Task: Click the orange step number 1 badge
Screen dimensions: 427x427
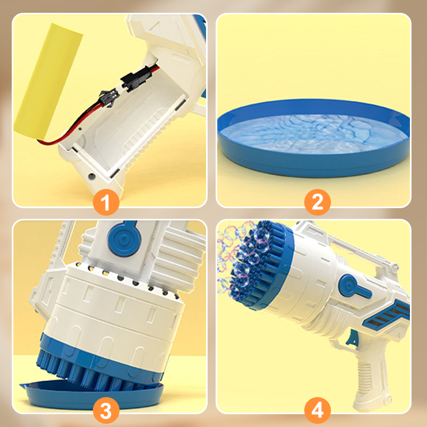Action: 106,202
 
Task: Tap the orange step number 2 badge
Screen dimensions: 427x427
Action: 318,202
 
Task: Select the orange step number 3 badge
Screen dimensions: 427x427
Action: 106,410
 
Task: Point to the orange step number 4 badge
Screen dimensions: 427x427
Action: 318,410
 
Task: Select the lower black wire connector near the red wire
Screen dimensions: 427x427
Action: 109,98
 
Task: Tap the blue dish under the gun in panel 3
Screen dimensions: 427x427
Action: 92,395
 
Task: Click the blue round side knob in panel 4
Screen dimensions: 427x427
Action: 349,286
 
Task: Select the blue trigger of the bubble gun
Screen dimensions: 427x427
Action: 353,338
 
